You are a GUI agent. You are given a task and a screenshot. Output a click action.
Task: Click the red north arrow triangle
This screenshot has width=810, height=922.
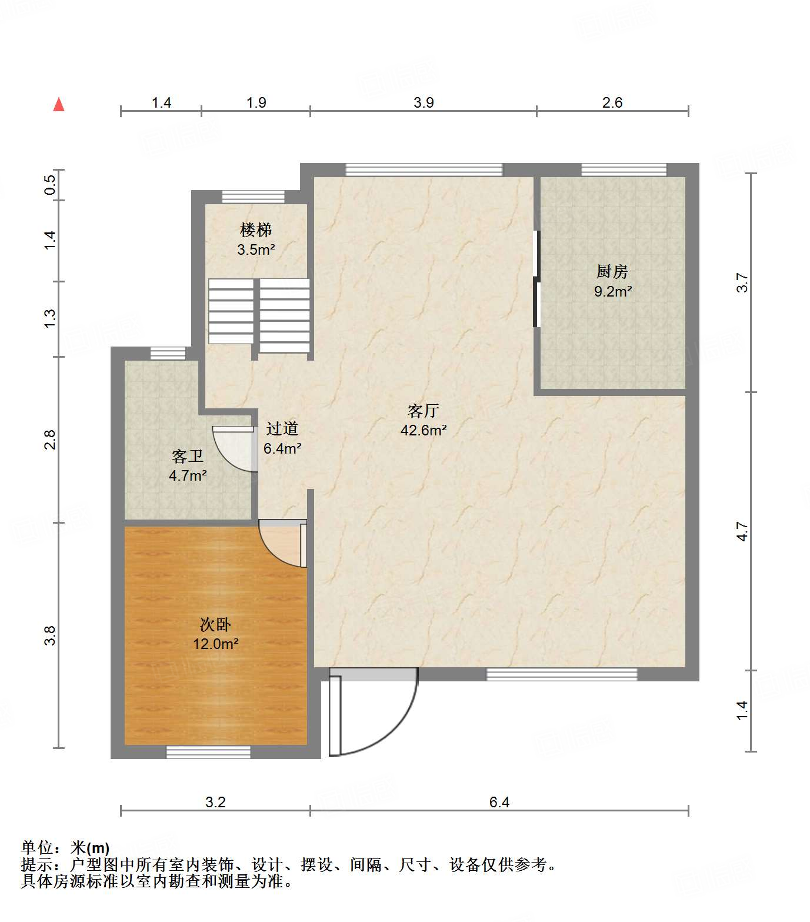(x=59, y=104)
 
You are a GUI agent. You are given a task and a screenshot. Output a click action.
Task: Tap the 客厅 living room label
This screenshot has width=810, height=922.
(x=424, y=411)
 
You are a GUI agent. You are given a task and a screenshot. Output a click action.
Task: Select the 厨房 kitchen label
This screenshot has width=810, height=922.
(x=612, y=272)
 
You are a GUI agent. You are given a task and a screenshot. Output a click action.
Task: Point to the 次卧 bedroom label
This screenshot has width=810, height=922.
(x=215, y=624)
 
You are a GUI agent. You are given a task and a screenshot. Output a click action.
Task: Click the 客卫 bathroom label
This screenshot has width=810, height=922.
(x=188, y=456)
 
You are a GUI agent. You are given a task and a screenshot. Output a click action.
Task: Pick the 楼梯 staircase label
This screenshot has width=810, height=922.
(x=256, y=230)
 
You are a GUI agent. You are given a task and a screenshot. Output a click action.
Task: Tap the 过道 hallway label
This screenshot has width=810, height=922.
(x=282, y=429)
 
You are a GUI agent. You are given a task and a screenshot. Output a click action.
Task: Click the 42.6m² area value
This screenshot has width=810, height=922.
(x=424, y=430)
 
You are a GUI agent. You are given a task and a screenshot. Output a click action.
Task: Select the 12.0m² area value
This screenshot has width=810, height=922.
(x=216, y=644)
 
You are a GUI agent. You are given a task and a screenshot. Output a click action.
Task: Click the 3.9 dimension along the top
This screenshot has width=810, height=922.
(x=424, y=102)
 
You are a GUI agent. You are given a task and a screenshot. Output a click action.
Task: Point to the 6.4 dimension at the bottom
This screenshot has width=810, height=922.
(x=499, y=802)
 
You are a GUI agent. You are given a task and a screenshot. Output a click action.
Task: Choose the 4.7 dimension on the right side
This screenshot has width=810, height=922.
(x=742, y=531)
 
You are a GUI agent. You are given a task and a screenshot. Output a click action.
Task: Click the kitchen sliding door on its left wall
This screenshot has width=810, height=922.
(x=536, y=279)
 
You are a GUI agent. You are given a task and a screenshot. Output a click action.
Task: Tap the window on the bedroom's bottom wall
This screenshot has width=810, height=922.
(x=208, y=751)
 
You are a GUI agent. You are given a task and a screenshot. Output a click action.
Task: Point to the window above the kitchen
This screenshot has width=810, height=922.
(x=624, y=169)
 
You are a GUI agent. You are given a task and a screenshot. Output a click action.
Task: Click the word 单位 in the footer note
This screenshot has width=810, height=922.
(x=37, y=848)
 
